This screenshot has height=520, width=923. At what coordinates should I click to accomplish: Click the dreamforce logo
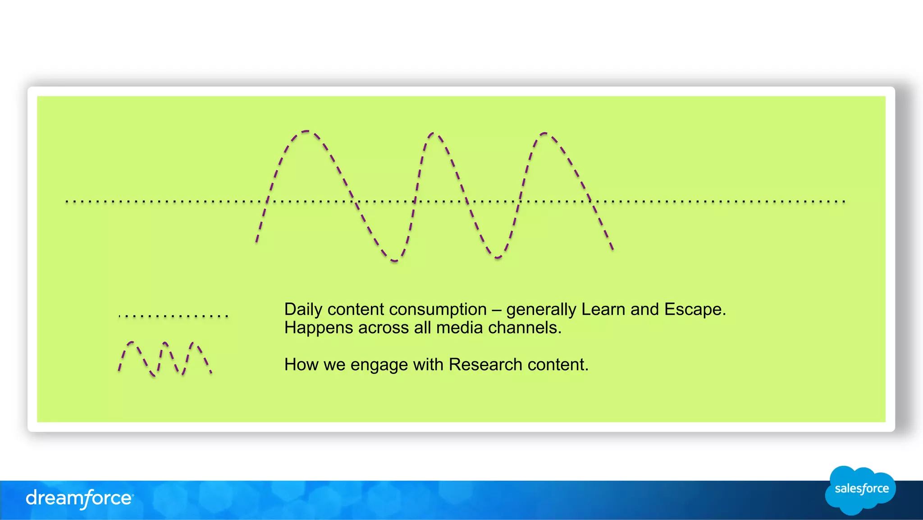click(x=79, y=498)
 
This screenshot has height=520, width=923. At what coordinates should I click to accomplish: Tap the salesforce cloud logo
click(x=860, y=490)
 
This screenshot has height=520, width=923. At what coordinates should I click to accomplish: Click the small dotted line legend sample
click(x=174, y=316)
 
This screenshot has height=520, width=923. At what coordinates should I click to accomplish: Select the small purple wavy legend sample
click(x=164, y=359)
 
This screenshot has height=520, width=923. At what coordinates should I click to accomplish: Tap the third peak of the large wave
click(x=544, y=133)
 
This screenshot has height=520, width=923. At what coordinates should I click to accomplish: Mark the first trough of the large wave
click(x=394, y=261)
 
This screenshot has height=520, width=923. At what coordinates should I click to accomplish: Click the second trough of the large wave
click(x=497, y=258)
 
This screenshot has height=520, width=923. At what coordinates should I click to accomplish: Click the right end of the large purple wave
click(x=612, y=248)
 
